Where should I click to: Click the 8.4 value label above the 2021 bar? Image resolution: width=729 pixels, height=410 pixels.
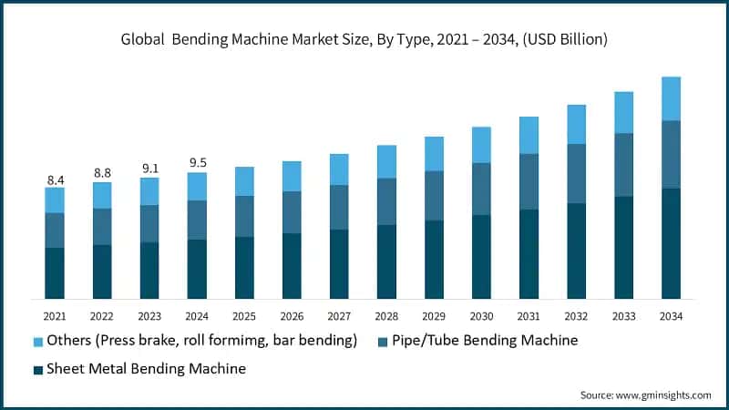point(55,180)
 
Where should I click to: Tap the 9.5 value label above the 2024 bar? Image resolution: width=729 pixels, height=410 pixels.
point(197,164)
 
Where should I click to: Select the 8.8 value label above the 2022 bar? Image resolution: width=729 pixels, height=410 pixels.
point(102,173)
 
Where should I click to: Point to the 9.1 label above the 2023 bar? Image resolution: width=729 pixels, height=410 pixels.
point(149,168)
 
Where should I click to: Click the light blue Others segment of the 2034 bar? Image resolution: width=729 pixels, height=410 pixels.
point(671,98)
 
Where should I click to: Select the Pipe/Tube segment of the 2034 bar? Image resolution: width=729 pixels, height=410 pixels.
point(671,154)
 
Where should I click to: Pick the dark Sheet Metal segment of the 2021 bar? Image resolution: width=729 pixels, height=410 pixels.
point(55,272)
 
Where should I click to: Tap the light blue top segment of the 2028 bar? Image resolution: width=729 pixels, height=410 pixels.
point(386,161)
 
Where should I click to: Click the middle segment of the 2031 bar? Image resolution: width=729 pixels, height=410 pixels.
point(529,181)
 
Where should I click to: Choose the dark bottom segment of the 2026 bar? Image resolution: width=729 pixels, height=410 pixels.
point(292,265)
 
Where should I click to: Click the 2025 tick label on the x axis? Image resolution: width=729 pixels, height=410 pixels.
point(244,315)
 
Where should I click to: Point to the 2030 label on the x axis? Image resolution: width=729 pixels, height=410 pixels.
point(481,315)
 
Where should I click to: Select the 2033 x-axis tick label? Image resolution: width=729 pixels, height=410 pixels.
point(623,315)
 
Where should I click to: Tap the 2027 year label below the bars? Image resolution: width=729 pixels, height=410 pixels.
point(339,315)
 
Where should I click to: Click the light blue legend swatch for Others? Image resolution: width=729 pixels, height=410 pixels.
point(38,342)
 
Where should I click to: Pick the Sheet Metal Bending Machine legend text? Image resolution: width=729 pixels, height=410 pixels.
point(147,368)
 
